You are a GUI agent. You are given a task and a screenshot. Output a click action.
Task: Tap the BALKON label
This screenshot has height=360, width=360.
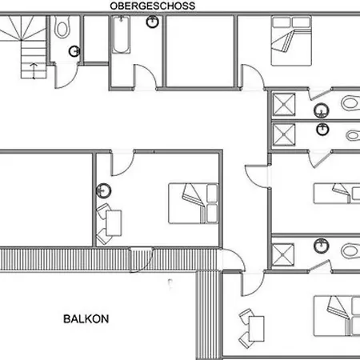coord(86,318)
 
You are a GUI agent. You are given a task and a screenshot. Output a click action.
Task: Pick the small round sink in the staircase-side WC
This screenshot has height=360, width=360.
coord(75,50)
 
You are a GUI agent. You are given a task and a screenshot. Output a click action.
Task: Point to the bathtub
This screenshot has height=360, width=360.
coord(121,36)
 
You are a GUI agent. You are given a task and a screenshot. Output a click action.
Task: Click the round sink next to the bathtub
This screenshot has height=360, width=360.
coord(152,22)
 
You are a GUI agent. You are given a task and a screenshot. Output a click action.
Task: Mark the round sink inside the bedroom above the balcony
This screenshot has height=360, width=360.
coord(103,190)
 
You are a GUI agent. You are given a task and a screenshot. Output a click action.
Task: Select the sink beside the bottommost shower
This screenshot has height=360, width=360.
coord(322,246)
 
